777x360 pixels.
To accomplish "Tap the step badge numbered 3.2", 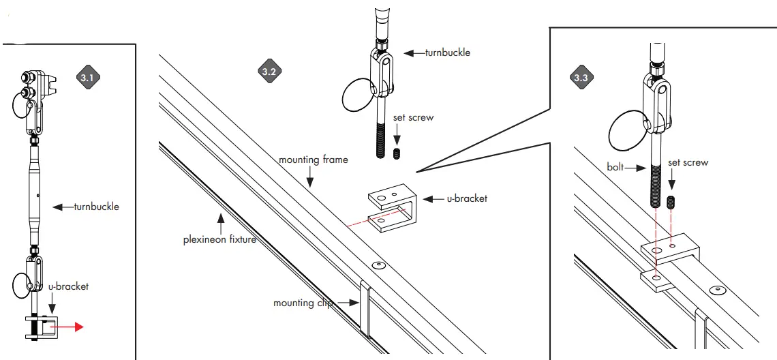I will click(x=268, y=70).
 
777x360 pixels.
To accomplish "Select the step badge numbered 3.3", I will click(x=581, y=78).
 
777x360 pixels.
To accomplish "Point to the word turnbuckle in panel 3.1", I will click(x=96, y=207).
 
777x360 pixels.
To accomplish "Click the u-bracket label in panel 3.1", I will click(x=68, y=286).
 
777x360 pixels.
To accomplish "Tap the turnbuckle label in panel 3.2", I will click(x=447, y=52).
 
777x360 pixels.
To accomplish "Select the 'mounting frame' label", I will click(x=313, y=160).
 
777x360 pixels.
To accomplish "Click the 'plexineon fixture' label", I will click(x=219, y=239).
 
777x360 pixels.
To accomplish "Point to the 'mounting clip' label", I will click(x=302, y=303).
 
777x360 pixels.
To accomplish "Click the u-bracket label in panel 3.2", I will click(x=468, y=198).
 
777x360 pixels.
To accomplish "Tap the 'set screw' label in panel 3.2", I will click(x=413, y=117).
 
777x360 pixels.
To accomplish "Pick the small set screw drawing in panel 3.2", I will click(x=398, y=153).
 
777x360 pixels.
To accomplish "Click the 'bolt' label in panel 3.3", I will click(x=616, y=166).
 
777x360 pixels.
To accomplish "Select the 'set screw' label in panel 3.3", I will click(x=688, y=162).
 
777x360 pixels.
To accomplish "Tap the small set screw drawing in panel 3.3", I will click(x=673, y=202).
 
